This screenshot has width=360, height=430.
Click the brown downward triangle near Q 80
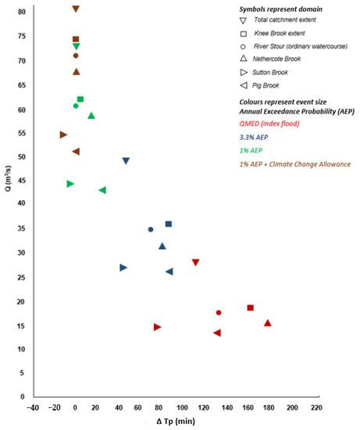tap(76, 9)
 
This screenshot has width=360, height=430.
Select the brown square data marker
tap(76, 39)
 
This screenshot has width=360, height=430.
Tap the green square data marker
tap(80, 99)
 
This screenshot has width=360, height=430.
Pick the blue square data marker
tap(169, 224)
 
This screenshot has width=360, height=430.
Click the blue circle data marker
tap(151, 229)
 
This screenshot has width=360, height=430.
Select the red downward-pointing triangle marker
tap(196, 263)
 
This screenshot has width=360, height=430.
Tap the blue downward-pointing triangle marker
tap(126, 161)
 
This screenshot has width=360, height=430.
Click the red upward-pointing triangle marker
tap(268, 322)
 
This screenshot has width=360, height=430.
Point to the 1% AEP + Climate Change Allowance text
tap(295, 163)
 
